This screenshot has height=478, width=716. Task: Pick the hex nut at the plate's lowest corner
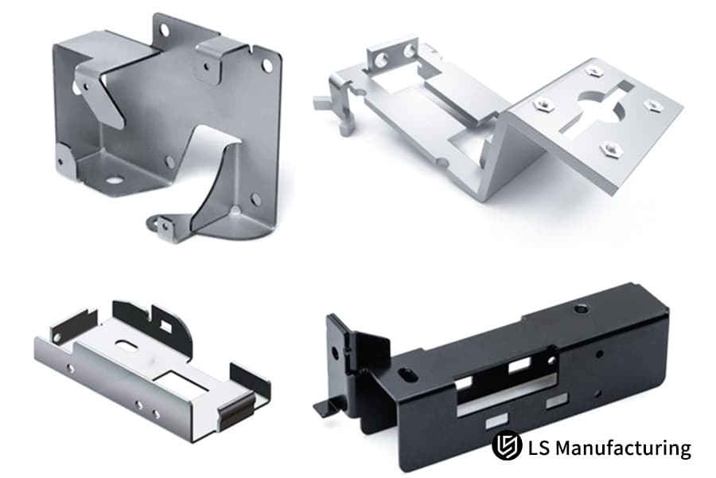click(609, 147)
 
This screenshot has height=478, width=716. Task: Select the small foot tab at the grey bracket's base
click(162, 226)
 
